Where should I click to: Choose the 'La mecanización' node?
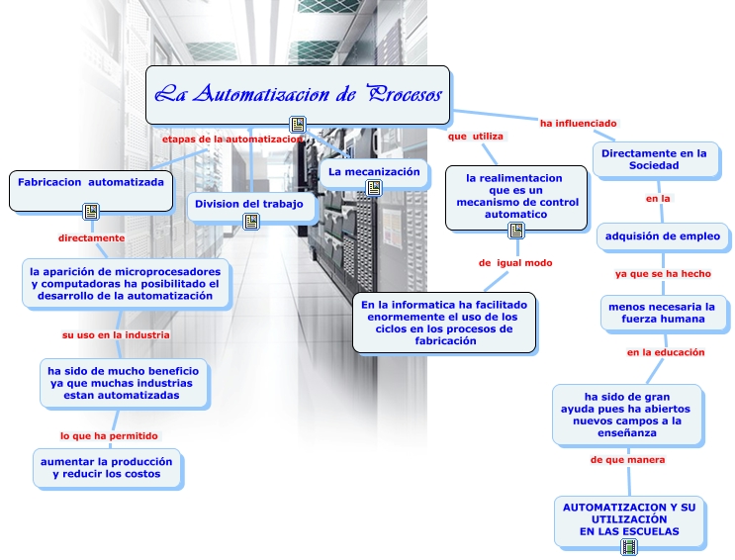coord(374,172)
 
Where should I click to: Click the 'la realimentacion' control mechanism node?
coord(515,196)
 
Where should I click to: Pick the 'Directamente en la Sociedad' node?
coord(654,159)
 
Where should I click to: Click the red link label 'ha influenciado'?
coord(578,124)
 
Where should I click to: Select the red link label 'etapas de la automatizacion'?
coord(230,140)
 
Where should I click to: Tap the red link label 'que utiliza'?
coord(476,136)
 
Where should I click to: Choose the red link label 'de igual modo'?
coord(515,263)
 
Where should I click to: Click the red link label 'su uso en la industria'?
coord(116,335)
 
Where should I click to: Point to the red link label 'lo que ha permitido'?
coord(109,435)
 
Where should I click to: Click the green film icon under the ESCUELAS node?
coord(629,546)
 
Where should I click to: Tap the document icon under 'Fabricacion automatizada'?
coord(91,211)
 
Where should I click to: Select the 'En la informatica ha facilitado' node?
coord(444,322)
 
